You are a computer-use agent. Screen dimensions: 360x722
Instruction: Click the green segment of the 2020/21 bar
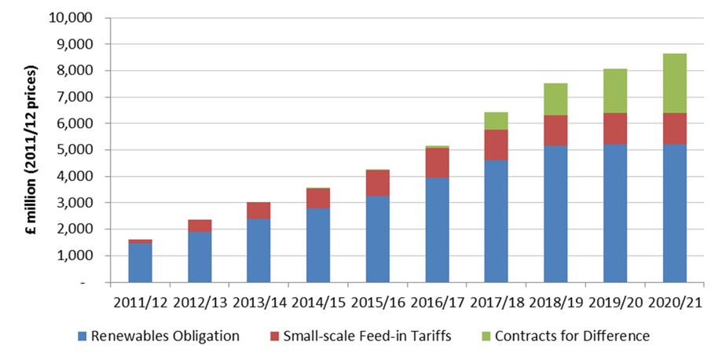pos(674,83)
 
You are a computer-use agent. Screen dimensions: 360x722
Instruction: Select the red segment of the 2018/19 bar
pos(555,130)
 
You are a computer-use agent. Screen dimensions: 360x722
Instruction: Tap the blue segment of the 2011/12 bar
pos(140,262)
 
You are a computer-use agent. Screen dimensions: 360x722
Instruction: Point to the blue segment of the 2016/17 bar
pos(437,230)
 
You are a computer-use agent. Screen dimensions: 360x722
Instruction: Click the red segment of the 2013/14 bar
pos(258,210)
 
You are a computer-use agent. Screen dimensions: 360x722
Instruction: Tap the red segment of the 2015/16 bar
pos(378,182)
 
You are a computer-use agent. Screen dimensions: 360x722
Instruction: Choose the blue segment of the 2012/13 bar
pos(200,256)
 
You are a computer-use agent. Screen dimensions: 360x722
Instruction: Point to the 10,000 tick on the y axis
pos(72,17)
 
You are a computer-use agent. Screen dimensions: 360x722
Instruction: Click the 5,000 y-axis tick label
pos(75,149)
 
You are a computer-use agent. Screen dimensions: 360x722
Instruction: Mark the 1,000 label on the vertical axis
pos(75,255)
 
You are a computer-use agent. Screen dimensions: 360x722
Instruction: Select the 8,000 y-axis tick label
pos(75,71)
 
